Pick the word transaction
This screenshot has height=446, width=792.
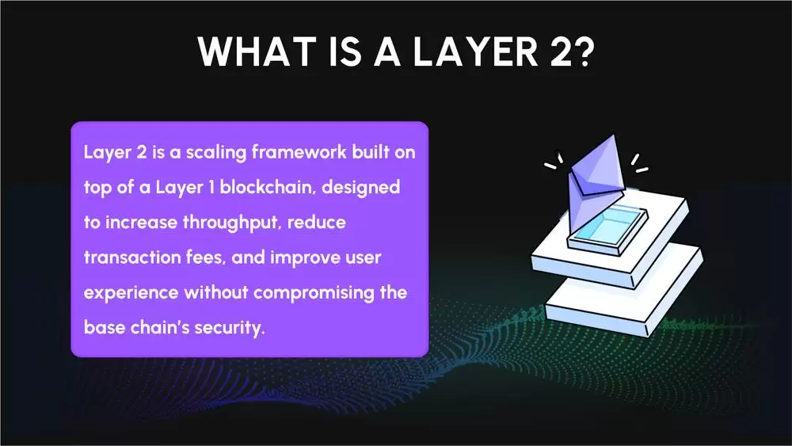(x=131, y=257)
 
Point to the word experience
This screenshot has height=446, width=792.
(x=131, y=292)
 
